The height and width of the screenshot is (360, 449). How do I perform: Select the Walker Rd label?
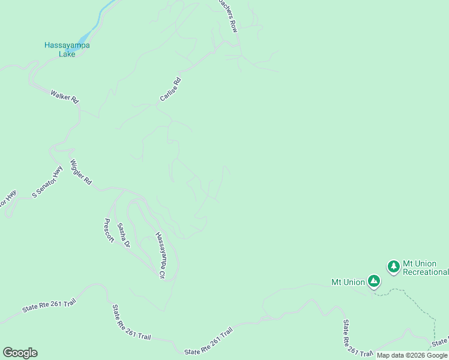tap(65, 97)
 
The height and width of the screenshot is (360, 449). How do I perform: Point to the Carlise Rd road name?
tap(170, 89)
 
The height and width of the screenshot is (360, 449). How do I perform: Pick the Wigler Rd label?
tap(81, 172)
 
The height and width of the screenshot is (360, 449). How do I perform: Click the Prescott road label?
tap(109, 230)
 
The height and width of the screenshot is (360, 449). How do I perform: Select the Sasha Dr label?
tap(123, 235)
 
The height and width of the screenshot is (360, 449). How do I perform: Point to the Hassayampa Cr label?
tap(160, 255)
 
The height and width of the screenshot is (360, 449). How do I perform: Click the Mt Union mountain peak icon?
tap(374, 281)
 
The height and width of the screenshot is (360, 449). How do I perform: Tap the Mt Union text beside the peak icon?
tap(348, 281)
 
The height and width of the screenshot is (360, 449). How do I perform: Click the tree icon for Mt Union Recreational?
tap(393, 266)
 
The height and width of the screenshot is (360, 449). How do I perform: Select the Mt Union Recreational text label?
tap(425, 268)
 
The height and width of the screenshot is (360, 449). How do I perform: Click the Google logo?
tap(20, 353)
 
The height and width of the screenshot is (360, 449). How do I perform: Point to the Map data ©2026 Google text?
tap(412, 355)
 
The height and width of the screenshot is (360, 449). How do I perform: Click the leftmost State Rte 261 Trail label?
tap(49, 305)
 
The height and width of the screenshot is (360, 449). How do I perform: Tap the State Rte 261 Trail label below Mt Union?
tap(350, 338)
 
